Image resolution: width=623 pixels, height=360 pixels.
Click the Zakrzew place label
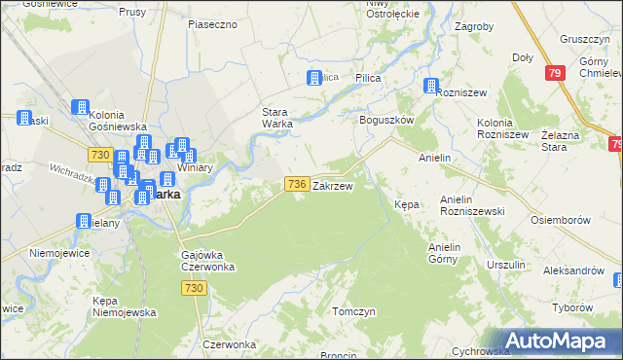pyautogui.click(x=333, y=185)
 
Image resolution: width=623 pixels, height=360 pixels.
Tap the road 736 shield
pyautogui.click(x=298, y=184)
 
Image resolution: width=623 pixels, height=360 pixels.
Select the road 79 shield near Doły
pyautogui.click(x=555, y=73)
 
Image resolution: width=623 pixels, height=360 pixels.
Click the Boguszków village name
pyautogui.click(x=387, y=119)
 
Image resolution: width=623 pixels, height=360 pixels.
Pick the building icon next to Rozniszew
pyautogui.click(x=430, y=88)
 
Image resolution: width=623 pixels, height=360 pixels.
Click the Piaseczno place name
pyautogui.click(x=212, y=23)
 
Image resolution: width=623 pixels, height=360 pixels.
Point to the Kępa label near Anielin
pyautogui.click(x=406, y=205)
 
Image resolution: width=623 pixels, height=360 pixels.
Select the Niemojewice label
pyautogui.click(x=59, y=253)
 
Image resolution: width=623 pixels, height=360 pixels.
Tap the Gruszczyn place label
pyautogui.click(x=583, y=39)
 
